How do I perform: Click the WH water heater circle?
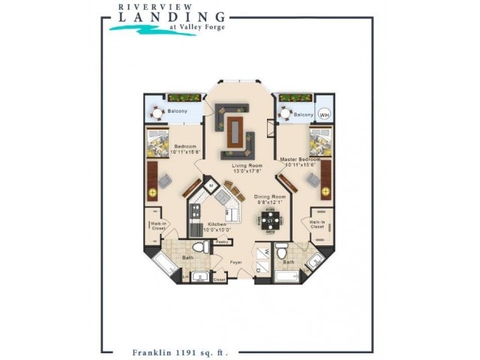(x=324, y=115)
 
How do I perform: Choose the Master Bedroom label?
(x=300, y=160)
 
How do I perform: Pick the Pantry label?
(x=221, y=242)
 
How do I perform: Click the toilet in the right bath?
(x=280, y=251)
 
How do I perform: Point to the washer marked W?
(x=263, y=253)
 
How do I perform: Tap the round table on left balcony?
(x=157, y=114)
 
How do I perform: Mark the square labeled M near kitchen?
(x=211, y=184)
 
